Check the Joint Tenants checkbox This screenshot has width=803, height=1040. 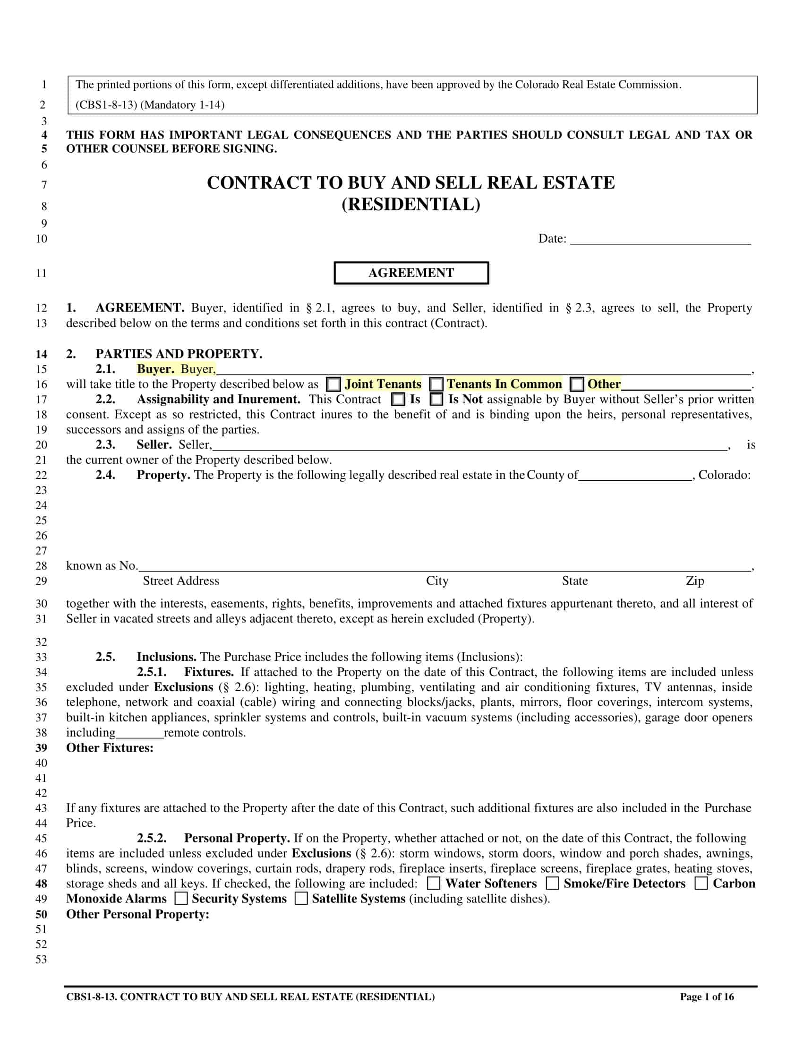pos(333,384)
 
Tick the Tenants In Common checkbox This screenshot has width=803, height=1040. pos(436,384)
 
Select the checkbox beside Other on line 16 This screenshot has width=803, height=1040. pos(577,384)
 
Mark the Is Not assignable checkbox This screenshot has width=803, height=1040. pos(436,399)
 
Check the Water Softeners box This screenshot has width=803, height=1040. pos(433,884)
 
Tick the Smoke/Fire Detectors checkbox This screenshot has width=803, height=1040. pos(552,884)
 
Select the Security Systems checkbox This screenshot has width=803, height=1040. pos(181,899)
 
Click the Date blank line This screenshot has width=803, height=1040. pos(660,239)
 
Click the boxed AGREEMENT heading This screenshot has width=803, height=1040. pos(411,273)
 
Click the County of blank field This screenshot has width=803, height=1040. pos(635,475)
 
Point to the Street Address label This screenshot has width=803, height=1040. pos(181,581)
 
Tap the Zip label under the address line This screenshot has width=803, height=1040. pos(694,581)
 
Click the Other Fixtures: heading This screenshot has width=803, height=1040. pos(110,748)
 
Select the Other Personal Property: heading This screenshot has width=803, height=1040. pos(137,914)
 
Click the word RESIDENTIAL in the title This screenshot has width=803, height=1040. pos(411,204)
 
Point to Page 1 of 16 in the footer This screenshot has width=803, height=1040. pos(707,997)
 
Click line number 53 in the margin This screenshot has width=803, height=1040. pos(42,960)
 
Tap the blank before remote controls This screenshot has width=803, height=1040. pos(139,733)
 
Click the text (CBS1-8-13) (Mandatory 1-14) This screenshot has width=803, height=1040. pos(150,105)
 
